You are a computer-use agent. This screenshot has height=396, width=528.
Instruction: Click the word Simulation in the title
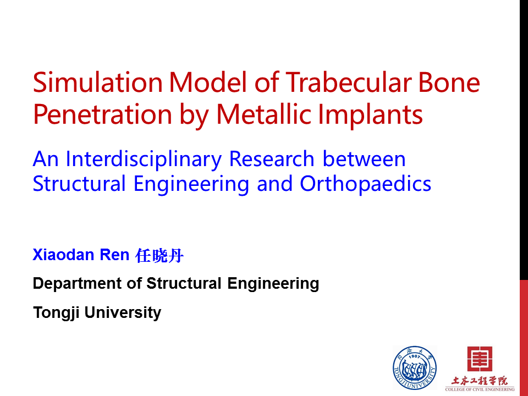(x=98, y=82)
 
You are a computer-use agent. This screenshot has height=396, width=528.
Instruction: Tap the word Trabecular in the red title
(x=349, y=82)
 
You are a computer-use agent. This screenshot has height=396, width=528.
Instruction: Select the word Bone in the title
(x=449, y=82)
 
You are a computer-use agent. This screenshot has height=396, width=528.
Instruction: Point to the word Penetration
(x=103, y=114)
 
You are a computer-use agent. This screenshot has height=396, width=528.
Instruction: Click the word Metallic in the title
(x=264, y=114)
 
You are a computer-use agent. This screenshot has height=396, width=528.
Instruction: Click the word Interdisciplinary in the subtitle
(x=144, y=159)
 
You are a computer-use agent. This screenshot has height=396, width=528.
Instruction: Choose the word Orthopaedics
(x=365, y=185)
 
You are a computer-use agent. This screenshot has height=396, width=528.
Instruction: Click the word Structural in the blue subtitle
(x=79, y=184)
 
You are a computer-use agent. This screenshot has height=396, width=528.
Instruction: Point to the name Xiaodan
(x=63, y=255)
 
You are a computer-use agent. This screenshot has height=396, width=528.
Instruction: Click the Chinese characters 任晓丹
(x=159, y=255)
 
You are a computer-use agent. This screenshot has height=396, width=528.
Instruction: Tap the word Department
(x=78, y=284)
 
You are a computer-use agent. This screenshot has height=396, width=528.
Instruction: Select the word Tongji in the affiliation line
(x=56, y=313)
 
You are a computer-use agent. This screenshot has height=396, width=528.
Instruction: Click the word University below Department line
(x=123, y=313)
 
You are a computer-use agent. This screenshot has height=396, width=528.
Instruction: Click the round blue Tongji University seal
(x=415, y=368)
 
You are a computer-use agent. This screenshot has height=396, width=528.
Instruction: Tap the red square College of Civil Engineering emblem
(x=480, y=359)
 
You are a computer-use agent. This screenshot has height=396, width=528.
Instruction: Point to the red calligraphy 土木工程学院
(x=480, y=381)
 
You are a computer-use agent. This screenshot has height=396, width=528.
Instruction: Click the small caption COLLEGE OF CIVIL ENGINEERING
(x=480, y=389)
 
